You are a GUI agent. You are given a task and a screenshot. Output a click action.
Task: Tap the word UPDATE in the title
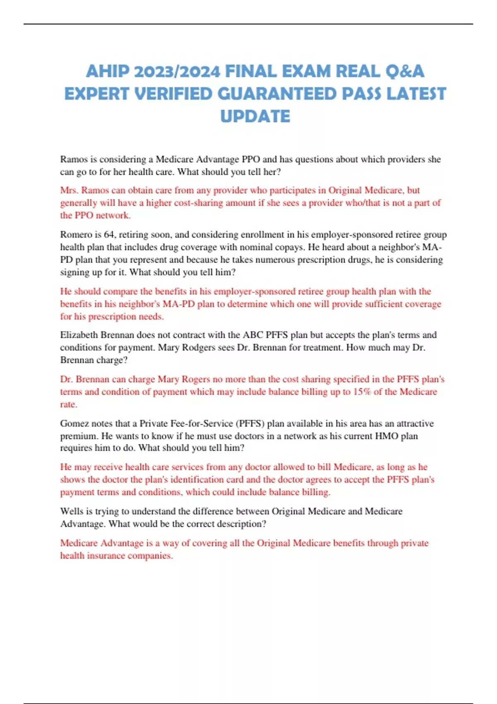[x=255, y=116]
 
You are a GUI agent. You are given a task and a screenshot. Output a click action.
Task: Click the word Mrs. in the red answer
[x=69, y=190]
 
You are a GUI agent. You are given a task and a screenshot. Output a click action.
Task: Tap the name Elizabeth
[x=78, y=335]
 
